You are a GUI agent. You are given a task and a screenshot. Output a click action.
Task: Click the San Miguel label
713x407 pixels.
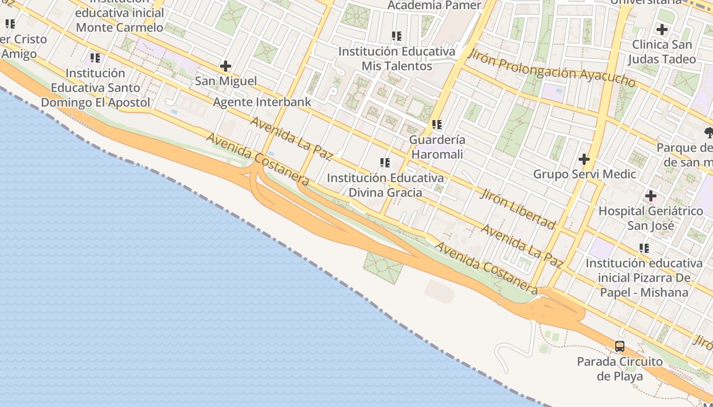[226, 81]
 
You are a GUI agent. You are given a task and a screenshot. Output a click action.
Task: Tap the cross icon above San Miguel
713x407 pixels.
[226, 66]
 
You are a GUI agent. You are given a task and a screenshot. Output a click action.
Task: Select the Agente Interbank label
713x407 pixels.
[262, 102]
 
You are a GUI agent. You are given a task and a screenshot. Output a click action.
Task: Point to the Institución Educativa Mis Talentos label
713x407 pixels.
[397, 59]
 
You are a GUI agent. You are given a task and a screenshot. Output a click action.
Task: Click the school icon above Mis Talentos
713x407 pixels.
[397, 36]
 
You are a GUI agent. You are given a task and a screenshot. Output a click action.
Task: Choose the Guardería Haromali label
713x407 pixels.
[437, 147]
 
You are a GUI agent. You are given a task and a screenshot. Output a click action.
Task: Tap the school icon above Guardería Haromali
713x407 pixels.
[437, 124]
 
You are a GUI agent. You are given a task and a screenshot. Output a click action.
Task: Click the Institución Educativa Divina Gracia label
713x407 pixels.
[385, 185]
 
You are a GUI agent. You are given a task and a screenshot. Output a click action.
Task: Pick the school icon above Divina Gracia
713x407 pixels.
[385, 163]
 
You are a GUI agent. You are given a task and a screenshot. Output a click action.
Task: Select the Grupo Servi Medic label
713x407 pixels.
[584, 174]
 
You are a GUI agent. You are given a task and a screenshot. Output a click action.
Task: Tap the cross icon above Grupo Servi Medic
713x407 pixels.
[584, 159]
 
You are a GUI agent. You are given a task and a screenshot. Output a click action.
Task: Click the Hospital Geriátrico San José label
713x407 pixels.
[650, 218]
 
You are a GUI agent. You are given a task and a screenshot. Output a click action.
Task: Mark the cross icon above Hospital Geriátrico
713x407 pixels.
[650, 196]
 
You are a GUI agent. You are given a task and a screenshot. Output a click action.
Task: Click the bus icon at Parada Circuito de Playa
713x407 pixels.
[620, 346]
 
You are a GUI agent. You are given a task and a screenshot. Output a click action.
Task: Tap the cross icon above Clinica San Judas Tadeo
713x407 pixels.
[662, 30]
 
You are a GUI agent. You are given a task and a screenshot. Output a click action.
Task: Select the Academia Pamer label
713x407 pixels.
[434, 6]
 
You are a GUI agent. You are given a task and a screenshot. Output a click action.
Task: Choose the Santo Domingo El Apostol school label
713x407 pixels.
[95, 88]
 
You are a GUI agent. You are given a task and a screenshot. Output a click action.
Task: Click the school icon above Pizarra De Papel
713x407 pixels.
[644, 248]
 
